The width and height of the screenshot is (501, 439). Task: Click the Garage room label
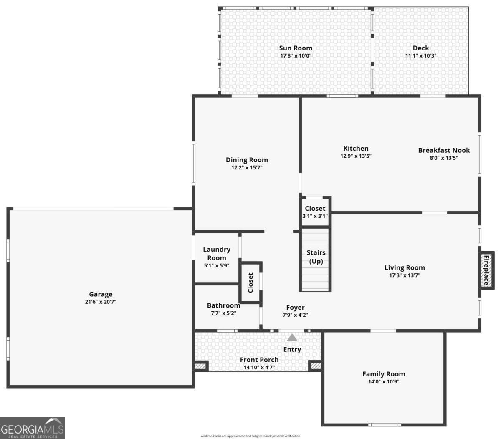101,294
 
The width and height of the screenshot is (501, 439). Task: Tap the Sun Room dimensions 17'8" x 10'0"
296,56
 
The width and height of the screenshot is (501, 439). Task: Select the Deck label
421,48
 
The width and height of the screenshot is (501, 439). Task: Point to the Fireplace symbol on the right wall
487,270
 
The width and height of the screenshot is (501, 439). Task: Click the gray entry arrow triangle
292,337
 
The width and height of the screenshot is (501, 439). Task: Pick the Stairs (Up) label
316,257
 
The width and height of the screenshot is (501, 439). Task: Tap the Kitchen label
356,148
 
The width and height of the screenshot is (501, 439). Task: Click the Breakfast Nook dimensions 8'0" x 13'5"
444,158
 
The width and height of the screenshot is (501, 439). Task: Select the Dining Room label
247,160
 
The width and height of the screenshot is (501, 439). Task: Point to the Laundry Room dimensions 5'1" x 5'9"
216,265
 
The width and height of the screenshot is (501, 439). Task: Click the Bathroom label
223,305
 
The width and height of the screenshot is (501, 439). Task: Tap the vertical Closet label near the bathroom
250,283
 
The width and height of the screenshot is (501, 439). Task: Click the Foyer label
295,308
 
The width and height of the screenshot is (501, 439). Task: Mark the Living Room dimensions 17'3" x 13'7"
404,275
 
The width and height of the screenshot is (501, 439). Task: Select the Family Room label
383,374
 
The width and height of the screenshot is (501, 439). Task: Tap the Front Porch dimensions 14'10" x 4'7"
259,368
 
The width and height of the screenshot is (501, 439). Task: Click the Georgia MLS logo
33,428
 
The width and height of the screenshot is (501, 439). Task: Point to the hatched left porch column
201,366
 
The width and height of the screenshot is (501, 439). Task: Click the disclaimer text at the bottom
250,436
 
